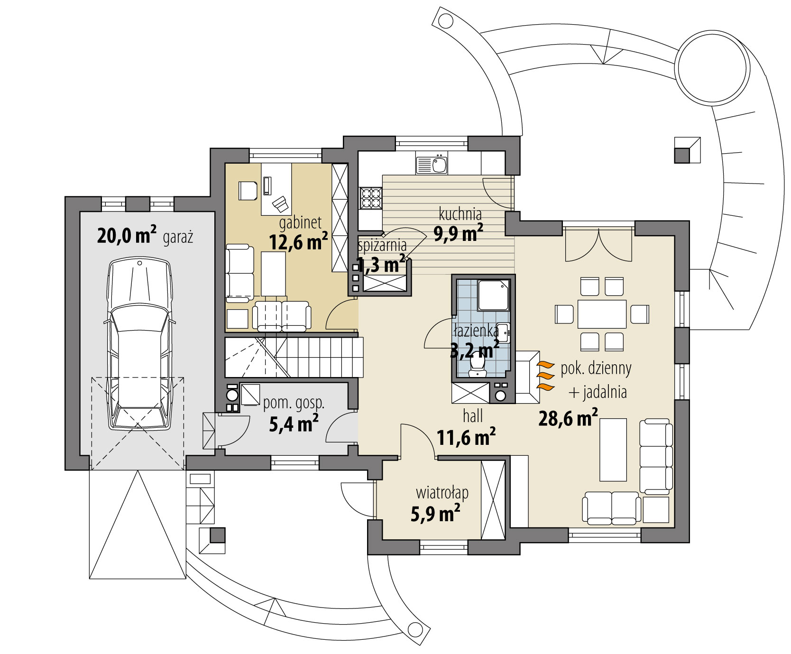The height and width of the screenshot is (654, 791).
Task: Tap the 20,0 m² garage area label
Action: pos(127,235)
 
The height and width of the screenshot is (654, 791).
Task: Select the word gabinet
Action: pos(300,223)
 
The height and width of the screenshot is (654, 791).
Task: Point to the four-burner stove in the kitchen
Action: pos(371,198)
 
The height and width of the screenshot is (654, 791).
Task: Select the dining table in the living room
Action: pos(602,313)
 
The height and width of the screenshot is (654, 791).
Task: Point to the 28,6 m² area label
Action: pos(568,418)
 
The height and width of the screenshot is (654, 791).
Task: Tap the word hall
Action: pos(473,416)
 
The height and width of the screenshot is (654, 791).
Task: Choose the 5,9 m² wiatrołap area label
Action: pos(435,513)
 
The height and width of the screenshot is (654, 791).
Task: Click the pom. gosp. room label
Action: pos(294,404)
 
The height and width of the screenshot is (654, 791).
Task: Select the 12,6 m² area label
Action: pos(298,242)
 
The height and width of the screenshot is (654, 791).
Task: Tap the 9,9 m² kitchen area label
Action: pos(458,233)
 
